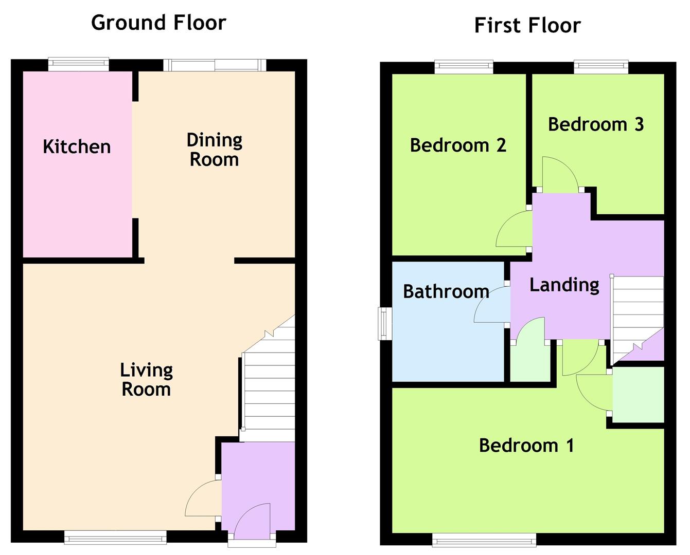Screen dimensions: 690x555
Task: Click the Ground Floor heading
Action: tap(158, 23)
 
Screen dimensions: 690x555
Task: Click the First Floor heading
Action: tap(527, 25)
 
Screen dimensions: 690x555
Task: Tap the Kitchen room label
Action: tap(77, 146)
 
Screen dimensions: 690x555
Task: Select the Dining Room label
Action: tap(215, 150)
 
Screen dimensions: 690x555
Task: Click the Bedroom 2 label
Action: tap(458, 145)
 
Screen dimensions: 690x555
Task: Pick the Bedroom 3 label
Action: tap(596, 124)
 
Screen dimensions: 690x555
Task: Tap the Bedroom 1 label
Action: tap(526, 446)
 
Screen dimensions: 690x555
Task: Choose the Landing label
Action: tap(564, 285)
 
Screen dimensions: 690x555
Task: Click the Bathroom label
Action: tap(446, 291)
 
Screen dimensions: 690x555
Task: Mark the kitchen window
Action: tap(79, 64)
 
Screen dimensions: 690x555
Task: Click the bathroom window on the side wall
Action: tap(385, 323)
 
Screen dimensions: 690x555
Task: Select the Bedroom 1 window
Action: tap(484, 540)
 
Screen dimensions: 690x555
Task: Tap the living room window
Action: tap(115, 538)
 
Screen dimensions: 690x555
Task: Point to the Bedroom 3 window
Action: tap(601, 67)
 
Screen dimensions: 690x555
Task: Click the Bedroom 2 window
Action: tap(464, 67)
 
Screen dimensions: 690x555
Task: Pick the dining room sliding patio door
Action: tap(215, 65)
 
